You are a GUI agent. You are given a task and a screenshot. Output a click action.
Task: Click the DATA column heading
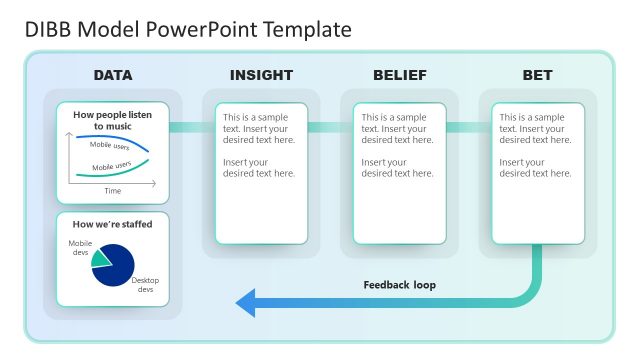click(113, 75)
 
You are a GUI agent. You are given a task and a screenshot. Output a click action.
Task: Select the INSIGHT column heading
click(261, 75)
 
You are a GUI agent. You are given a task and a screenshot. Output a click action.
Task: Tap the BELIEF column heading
click(399, 75)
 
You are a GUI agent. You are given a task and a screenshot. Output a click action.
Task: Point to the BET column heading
click(537, 75)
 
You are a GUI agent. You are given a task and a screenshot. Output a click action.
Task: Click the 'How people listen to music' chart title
click(113, 120)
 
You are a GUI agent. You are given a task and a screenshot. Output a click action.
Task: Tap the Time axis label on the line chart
click(113, 190)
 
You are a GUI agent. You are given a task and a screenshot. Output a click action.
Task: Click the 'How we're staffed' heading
click(113, 224)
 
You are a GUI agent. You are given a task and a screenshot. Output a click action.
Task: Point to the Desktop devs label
click(145, 285)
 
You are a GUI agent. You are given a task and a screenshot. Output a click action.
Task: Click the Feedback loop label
click(399, 285)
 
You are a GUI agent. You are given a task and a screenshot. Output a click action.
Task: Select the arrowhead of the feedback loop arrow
click(244, 302)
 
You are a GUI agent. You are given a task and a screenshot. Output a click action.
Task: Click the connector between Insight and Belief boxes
click(324, 127)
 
